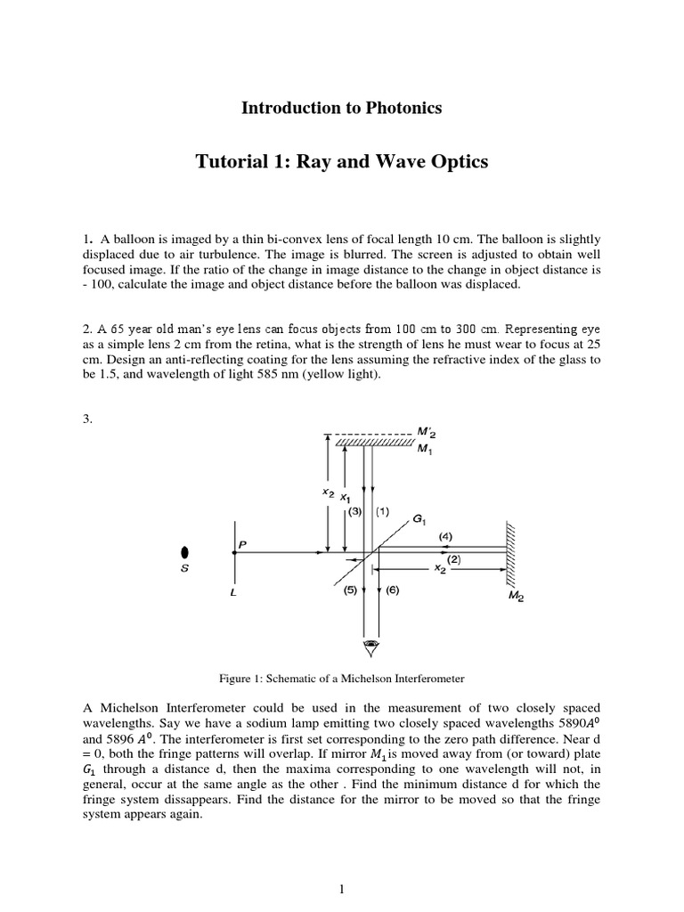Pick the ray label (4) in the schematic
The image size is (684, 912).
tap(445, 536)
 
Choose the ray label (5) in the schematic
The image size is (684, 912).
tap(349, 590)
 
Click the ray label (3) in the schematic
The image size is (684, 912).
tap(354, 512)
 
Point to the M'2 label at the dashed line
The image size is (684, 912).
tap(427, 432)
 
